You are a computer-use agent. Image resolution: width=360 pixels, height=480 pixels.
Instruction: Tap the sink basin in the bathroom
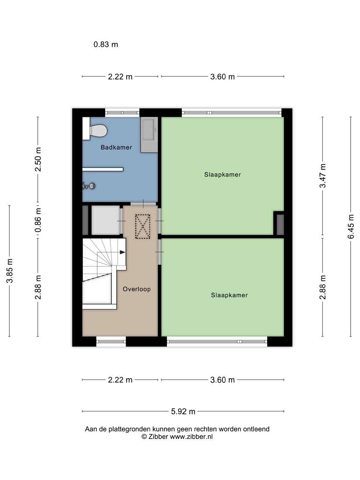click(x=149, y=135)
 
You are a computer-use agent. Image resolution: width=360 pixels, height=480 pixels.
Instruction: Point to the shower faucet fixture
click(x=89, y=186)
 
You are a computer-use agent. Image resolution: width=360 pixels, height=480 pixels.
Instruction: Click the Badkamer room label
click(x=116, y=147)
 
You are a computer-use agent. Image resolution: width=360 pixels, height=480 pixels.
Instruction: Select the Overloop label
click(x=137, y=289)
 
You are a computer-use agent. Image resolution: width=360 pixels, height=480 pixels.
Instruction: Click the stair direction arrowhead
click(x=122, y=252)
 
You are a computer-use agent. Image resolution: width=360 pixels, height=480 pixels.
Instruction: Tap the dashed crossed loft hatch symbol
click(x=143, y=226)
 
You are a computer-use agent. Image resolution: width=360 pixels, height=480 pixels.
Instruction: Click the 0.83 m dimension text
click(x=106, y=44)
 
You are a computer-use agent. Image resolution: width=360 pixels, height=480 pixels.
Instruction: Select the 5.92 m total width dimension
click(x=183, y=411)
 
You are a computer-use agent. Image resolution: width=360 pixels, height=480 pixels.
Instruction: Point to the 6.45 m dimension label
click(x=351, y=226)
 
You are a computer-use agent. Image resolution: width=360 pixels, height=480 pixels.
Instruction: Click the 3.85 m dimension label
click(x=10, y=271)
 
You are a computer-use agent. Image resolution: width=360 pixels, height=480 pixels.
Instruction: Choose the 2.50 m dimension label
click(x=38, y=160)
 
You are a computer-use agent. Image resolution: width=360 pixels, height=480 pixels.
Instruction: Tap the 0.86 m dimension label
click(x=38, y=220)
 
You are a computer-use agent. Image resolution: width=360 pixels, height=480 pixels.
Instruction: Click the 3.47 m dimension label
click(x=323, y=175)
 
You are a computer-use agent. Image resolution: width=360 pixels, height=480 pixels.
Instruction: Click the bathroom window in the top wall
click(x=122, y=113)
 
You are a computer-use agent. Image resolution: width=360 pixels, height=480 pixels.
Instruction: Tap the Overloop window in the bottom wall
click(x=111, y=342)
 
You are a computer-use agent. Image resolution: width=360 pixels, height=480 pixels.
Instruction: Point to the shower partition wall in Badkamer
click(x=103, y=169)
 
